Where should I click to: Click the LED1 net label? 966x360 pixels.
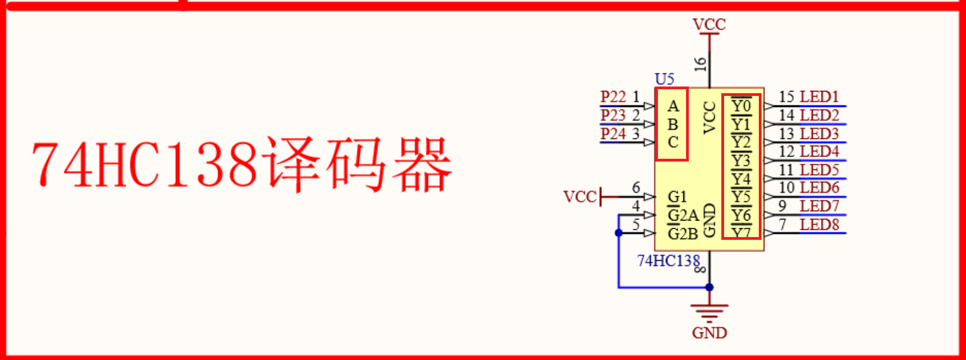tap(819, 97)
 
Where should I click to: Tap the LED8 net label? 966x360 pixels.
tap(819, 225)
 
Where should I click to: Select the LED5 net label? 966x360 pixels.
tap(819, 170)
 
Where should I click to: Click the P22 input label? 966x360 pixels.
tap(613, 97)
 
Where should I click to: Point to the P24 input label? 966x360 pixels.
tap(613, 134)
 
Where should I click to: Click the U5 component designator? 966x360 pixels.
tap(665, 79)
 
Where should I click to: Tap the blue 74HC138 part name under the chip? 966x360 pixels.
tap(668, 261)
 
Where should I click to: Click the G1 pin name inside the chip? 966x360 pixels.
tap(677, 197)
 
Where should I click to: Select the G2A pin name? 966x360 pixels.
tap(683, 215)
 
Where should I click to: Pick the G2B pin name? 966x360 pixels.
tap(683, 234)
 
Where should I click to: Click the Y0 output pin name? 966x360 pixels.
tap(741, 106)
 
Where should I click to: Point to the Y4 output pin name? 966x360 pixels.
tap(741, 179)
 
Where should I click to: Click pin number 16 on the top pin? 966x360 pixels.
tap(700, 64)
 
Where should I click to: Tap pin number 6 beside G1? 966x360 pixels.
tap(636, 188)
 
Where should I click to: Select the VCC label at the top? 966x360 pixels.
tap(709, 25)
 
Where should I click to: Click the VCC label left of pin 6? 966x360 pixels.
tap(580, 197)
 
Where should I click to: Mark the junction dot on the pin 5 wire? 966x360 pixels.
tap(619, 233)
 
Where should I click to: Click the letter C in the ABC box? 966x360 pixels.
tap(673, 142)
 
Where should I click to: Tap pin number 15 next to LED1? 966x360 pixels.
tap(786, 97)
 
